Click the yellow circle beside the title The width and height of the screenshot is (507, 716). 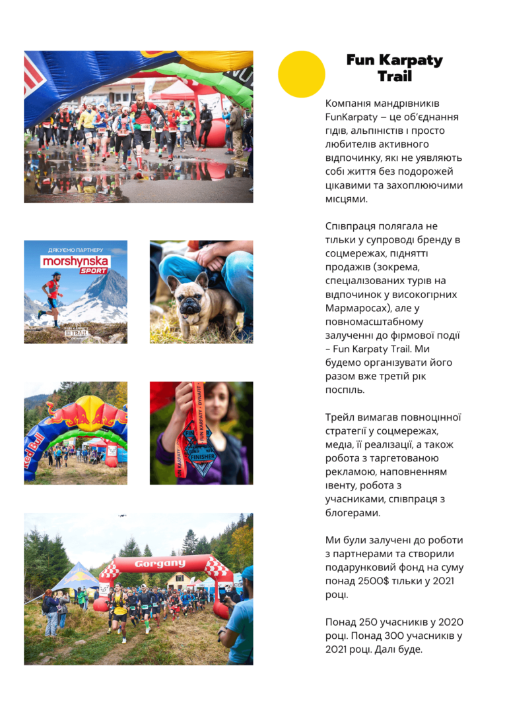[302, 75]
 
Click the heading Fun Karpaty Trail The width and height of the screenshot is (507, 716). [394, 68]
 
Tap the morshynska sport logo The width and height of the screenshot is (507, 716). [75, 264]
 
